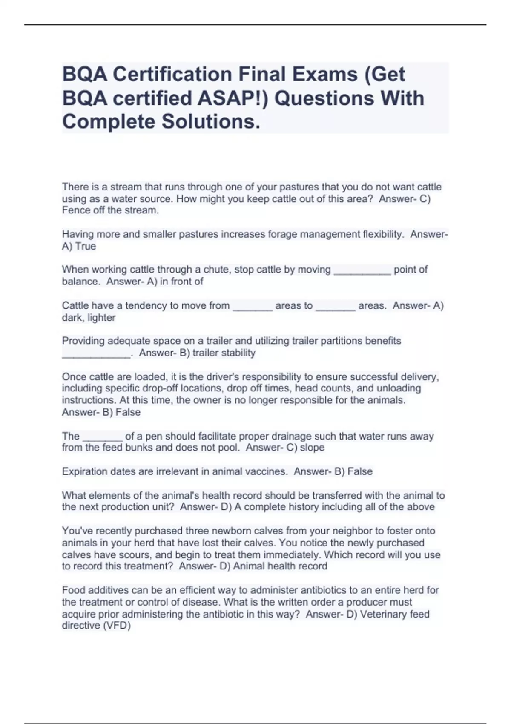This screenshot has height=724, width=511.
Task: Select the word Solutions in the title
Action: tap(210, 122)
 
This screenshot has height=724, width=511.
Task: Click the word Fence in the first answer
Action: tap(75, 210)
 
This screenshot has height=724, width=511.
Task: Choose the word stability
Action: tap(238, 353)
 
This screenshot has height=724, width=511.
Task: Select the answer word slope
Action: tap(312, 448)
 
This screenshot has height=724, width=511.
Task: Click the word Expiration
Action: tap(84, 472)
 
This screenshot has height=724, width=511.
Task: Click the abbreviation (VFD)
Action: tap(117, 626)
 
